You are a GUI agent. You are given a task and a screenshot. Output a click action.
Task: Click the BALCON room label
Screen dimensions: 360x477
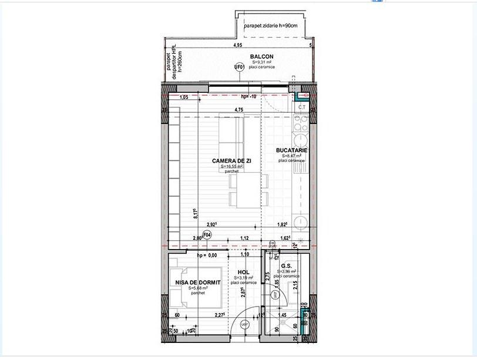pyautogui.click(x=262, y=56)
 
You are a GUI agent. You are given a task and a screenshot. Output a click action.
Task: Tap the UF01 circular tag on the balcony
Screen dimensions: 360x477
pyautogui.click(x=239, y=68)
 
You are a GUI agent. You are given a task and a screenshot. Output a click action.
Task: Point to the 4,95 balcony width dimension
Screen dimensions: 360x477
pyautogui.click(x=237, y=45)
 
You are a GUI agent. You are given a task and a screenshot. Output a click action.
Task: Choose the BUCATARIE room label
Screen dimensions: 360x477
pyautogui.click(x=292, y=150)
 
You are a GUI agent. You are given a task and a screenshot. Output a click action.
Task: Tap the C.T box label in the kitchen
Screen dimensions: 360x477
pyautogui.click(x=301, y=107)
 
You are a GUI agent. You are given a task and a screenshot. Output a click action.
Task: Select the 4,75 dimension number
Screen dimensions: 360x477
pyautogui.click(x=239, y=110)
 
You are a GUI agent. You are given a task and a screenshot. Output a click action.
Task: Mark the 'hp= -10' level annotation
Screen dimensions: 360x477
pyautogui.click(x=250, y=97)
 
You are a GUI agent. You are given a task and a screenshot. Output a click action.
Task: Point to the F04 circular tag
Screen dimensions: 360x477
pyautogui.click(x=206, y=236)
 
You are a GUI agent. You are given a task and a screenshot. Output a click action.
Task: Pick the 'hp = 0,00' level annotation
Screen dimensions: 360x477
pyautogui.click(x=207, y=255)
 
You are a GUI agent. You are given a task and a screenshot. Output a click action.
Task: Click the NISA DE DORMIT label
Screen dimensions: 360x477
pyautogui.click(x=197, y=282)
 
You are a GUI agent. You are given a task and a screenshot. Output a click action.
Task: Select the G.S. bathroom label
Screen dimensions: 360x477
pyautogui.click(x=287, y=265)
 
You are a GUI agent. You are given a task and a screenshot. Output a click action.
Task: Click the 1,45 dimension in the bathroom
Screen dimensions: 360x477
pyautogui.click(x=282, y=315)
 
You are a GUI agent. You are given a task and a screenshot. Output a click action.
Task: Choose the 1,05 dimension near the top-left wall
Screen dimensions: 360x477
pyautogui.click(x=183, y=97)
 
